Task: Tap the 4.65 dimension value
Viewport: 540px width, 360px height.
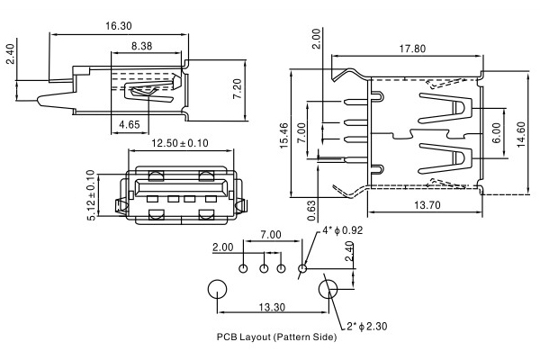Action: (127, 125)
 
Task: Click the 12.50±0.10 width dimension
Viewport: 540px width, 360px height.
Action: (179, 143)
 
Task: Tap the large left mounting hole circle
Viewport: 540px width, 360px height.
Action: (217, 290)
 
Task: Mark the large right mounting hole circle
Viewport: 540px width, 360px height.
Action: (329, 290)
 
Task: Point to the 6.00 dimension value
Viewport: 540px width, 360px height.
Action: (494, 128)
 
